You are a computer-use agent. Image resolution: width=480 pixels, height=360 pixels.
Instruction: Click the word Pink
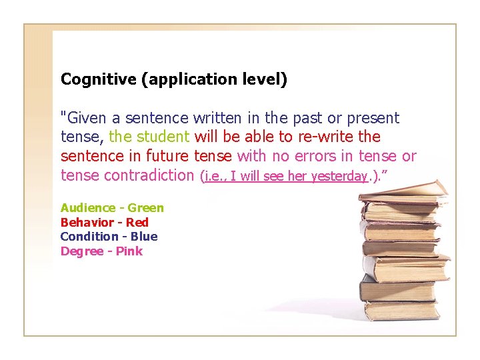129,251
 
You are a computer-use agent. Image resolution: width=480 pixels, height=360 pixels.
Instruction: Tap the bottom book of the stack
401,310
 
